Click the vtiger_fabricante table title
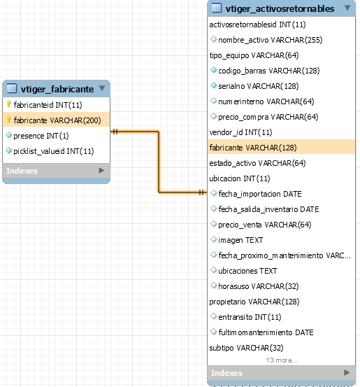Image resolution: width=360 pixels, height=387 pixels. click(57, 89)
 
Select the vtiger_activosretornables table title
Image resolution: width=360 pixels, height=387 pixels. click(280, 8)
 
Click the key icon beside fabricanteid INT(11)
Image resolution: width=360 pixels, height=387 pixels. click(8, 104)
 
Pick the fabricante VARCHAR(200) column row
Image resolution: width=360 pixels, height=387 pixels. click(56, 120)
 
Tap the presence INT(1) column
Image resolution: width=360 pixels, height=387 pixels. click(41, 136)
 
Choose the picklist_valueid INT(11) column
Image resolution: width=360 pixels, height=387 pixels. click(54, 151)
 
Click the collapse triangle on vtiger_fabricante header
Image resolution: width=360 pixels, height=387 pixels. click(102, 88)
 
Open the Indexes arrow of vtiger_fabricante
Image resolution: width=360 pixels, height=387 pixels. click(101, 170)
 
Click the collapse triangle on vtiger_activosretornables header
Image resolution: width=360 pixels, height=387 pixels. click(347, 8)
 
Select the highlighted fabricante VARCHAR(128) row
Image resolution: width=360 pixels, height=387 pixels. click(281, 148)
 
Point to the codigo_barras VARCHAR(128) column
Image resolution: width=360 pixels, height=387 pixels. click(268, 71)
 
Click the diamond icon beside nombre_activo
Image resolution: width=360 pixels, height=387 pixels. click(213, 39)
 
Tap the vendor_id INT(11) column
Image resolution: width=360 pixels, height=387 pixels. click(240, 132)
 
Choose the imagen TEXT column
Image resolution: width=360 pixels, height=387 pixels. click(240, 240)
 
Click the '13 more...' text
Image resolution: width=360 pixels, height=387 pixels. click(282, 360)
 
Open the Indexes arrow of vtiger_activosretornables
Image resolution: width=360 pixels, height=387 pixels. click(347, 372)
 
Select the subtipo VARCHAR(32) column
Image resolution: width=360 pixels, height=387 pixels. click(246, 348)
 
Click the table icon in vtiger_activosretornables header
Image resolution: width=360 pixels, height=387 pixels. click(217, 8)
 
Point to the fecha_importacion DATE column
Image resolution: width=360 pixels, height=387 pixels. click(260, 194)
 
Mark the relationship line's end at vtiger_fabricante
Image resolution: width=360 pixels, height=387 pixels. click(110, 132)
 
